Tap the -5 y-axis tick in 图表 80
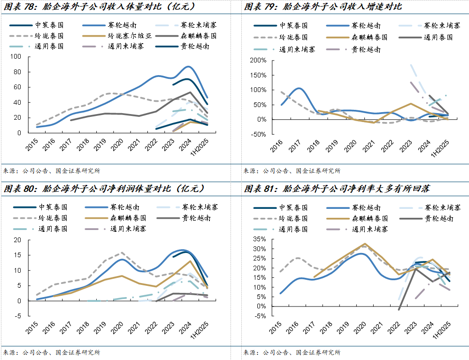[x=18, y=315]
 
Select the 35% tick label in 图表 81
[x=259, y=238]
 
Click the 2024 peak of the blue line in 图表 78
[x=188, y=67]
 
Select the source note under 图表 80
[x=52, y=352]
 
